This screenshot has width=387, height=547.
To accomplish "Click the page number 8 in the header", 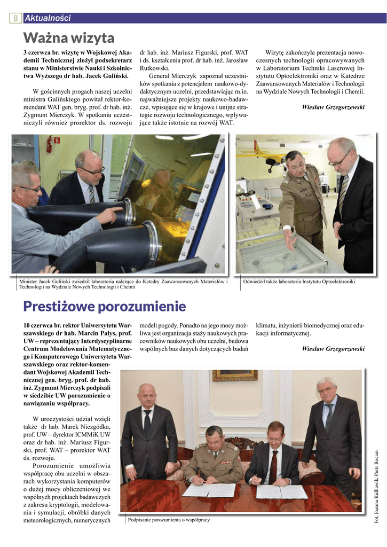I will tap(15, 18).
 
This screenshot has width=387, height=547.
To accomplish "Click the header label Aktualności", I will tap(48, 18).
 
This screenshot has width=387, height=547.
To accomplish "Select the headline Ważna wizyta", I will tap(69, 38).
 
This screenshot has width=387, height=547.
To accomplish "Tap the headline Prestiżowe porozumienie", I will tap(105, 306).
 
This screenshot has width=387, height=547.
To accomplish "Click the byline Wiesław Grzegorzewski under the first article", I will tap(333, 107).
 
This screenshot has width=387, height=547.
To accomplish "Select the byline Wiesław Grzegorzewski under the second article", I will tap(333, 349).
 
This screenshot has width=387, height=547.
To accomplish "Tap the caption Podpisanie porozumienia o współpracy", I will tap(169, 520).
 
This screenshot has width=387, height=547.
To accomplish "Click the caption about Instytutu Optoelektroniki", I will tap(298, 282).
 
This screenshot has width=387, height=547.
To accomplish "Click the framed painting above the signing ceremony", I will tap(235, 376).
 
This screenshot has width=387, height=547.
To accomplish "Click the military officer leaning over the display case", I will tap(299, 192).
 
